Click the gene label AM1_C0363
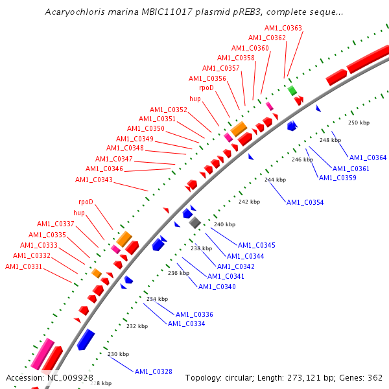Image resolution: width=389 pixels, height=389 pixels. (283, 28)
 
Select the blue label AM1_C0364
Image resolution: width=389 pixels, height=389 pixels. (368, 158)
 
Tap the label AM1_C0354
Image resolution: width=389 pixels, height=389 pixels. (305, 202)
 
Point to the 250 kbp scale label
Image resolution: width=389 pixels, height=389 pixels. (359, 123)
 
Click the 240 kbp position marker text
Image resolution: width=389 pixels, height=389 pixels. (224, 224)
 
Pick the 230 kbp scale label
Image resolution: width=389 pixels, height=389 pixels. (118, 354)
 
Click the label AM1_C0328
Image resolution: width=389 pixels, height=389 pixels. (154, 371)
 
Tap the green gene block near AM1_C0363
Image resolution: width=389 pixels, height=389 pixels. (292, 90)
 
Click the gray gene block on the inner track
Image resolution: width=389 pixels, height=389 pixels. (194, 222)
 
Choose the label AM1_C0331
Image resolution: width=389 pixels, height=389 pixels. (23, 266)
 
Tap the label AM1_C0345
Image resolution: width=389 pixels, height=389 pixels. (256, 245)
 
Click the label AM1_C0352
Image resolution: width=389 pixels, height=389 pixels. (168, 110)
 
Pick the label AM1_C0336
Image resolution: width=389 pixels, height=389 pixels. (194, 314)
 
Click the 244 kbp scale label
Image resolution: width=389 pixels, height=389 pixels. (275, 180)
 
